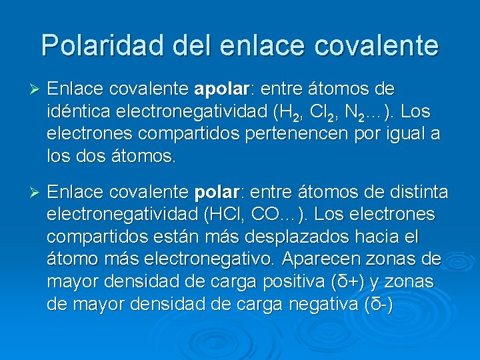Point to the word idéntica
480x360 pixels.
click(77, 111)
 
